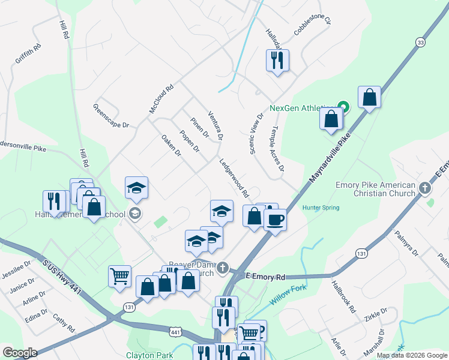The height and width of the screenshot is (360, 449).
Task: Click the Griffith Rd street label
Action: [x=28, y=53]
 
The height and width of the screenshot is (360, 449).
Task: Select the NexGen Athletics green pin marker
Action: [x=343, y=107]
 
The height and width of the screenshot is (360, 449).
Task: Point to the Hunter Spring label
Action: [x=321, y=208]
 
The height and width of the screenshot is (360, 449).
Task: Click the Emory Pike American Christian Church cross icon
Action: [x=425, y=188]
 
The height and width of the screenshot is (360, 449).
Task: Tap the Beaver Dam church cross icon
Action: [x=223, y=268]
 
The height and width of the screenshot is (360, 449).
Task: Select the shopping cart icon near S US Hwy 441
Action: [x=120, y=276]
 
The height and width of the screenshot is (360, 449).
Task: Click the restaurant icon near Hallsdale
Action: [x=277, y=60]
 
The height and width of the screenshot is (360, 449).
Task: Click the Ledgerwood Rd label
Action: [x=234, y=178]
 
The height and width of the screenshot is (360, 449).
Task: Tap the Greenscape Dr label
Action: [x=111, y=116]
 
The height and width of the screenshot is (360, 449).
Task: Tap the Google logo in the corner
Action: [x=19, y=353]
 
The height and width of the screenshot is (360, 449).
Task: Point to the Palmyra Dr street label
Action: [x=406, y=244]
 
